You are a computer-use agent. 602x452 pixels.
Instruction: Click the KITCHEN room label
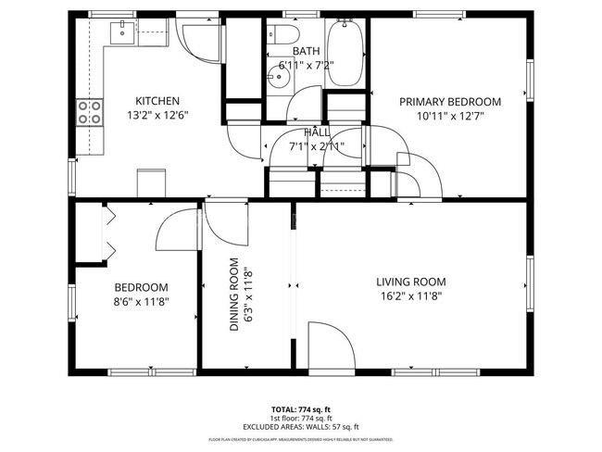157,101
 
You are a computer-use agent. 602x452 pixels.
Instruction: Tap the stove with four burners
90,112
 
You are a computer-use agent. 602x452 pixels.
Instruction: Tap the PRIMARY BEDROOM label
449,102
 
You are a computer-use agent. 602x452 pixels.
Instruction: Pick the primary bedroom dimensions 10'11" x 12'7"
449,116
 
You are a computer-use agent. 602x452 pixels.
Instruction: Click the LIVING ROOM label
410,282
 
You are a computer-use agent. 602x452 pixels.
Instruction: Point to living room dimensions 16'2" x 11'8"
410,296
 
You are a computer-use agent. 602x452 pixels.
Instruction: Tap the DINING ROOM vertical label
235,295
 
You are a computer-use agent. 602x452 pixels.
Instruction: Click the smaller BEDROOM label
141,287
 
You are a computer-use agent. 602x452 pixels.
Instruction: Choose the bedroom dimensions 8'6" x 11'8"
141,301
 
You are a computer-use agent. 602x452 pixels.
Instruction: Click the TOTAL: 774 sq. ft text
300,408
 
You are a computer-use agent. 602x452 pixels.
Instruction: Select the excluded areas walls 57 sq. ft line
300,426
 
